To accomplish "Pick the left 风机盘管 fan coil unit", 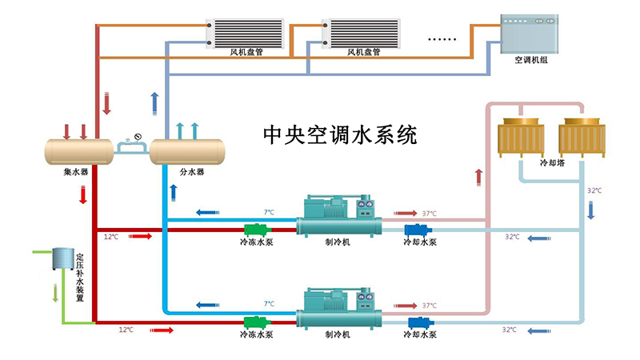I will pos(246,31).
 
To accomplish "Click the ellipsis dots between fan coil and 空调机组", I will pos(441,38).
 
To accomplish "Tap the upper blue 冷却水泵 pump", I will pos(417,230).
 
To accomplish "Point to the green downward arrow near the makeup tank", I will pos(54,292).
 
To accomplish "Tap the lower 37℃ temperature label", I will pos(430,305).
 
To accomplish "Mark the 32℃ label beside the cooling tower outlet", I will pos(594,190).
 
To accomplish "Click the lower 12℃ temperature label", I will pos(126,329).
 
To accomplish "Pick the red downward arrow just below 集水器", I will pos(83,194).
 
